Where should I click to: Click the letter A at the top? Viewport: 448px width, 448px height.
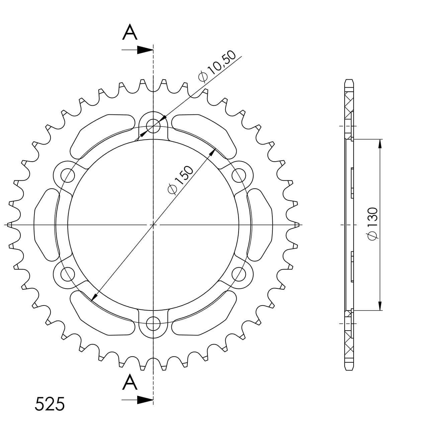(130, 32)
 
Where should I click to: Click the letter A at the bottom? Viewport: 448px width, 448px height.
(130, 383)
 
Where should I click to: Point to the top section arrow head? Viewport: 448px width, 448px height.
(145, 50)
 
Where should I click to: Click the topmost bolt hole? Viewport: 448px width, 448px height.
(153, 126)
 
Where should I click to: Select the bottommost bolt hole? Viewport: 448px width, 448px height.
(153, 324)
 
